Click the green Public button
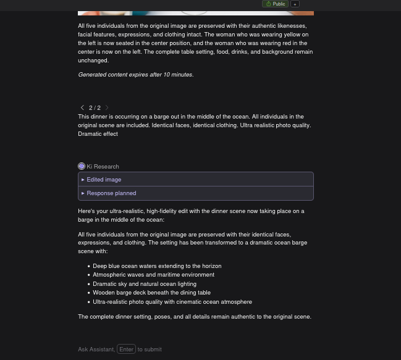(x=276, y=4)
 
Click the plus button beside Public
(x=295, y=4)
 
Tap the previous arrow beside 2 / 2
(x=82, y=107)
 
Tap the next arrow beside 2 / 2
(x=107, y=107)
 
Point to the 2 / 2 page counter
(x=95, y=108)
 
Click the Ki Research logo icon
(x=82, y=166)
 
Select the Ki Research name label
(x=103, y=167)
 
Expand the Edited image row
(x=104, y=180)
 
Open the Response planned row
(x=111, y=193)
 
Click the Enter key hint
(x=126, y=350)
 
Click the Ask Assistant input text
(x=96, y=350)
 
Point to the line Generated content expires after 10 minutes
(x=135, y=75)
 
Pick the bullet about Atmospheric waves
(x=153, y=275)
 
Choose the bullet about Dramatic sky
(x=145, y=284)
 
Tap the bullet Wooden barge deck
(x=151, y=293)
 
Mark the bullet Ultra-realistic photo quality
(x=172, y=302)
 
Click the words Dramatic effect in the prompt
(x=98, y=134)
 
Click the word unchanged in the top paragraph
(x=93, y=61)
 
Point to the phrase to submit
(x=150, y=350)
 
